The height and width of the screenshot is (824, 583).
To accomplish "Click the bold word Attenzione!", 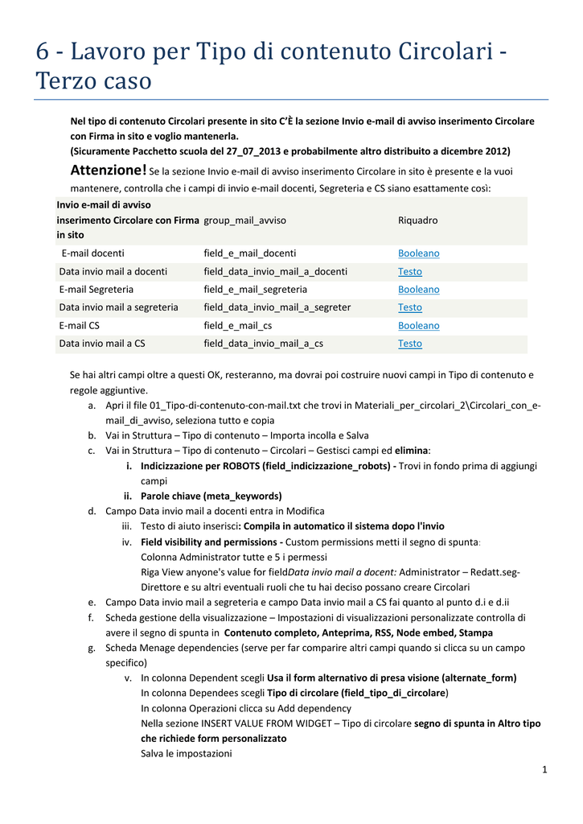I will tap(109, 170).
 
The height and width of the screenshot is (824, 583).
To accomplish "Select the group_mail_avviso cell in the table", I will tap(244, 220).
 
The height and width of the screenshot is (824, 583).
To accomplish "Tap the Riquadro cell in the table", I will tap(417, 220).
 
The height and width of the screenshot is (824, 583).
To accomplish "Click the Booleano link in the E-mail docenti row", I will tap(418, 253).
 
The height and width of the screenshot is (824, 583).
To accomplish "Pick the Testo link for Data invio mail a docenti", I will tap(409, 271).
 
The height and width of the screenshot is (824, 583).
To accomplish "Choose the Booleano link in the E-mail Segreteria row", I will tap(418, 289).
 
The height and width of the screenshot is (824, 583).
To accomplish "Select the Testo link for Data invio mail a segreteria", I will tap(409, 307).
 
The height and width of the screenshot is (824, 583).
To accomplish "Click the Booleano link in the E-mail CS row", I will tap(418, 325).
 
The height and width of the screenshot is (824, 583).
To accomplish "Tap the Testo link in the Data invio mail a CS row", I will tap(409, 344).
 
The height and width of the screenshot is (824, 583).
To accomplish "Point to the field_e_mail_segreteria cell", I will tap(255, 289).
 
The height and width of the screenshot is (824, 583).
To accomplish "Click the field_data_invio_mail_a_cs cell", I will tap(263, 344).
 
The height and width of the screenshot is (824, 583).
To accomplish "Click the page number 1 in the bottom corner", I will tap(544, 770).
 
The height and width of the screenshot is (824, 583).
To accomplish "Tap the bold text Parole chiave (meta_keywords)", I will tap(211, 496).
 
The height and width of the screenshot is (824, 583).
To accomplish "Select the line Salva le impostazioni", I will tap(186, 753).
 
